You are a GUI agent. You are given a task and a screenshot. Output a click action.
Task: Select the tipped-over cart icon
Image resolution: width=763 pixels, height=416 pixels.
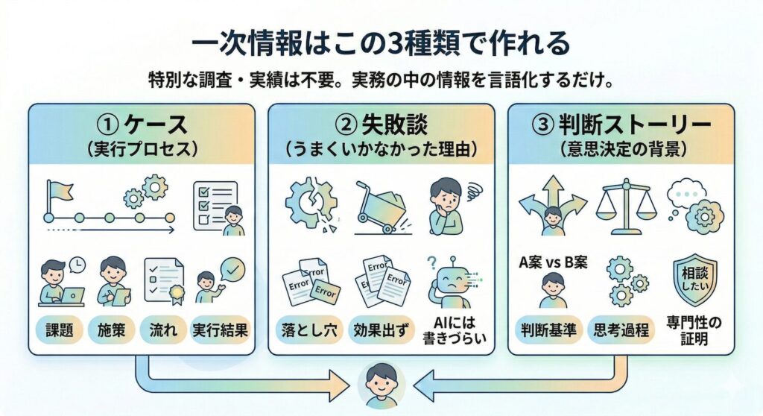pyautogui.click(x=381, y=204)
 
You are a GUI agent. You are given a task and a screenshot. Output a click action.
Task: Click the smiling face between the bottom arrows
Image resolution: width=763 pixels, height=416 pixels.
pyautogui.click(x=381, y=385)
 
